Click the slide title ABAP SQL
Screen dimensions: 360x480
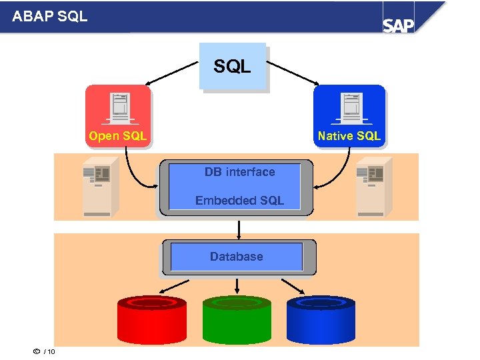pyautogui.click(x=50, y=16)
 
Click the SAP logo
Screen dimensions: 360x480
pyautogui.click(x=398, y=25)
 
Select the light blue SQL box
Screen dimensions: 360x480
pyautogui.click(x=233, y=66)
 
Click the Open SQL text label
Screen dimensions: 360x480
pyautogui.click(x=117, y=136)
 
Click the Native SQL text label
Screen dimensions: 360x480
pyautogui.click(x=349, y=136)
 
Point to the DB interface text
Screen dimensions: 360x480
pyautogui.click(x=239, y=172)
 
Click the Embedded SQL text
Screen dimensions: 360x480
pyautogui.click(x=239, y=200)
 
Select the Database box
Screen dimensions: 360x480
pyautogui.click(x=237, y=257)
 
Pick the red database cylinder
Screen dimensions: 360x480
pyautogui.click(x=152, y=320)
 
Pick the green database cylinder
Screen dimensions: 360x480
pyautogui.click(x=237, y=320)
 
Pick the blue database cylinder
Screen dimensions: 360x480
pyautogui.click(x=321, y=320)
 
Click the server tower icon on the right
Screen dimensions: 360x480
pyautogui.click(x=371, y=186)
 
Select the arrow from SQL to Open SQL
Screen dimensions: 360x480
pyautogui.click(x=172, y=73)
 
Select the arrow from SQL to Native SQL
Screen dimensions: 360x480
pyautogui.click(x=293, y=73)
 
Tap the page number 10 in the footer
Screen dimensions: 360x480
pyautogui.click(x=51, y=352)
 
